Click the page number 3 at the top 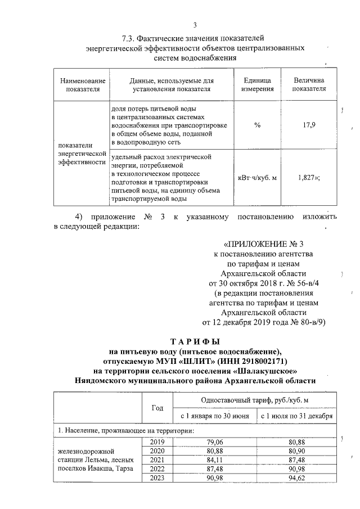pos(195,25)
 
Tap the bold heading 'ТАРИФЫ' pos(195,342)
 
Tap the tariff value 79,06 pos(215,442)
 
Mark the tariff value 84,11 pos(215,460)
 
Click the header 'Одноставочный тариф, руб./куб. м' pos(255,399)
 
